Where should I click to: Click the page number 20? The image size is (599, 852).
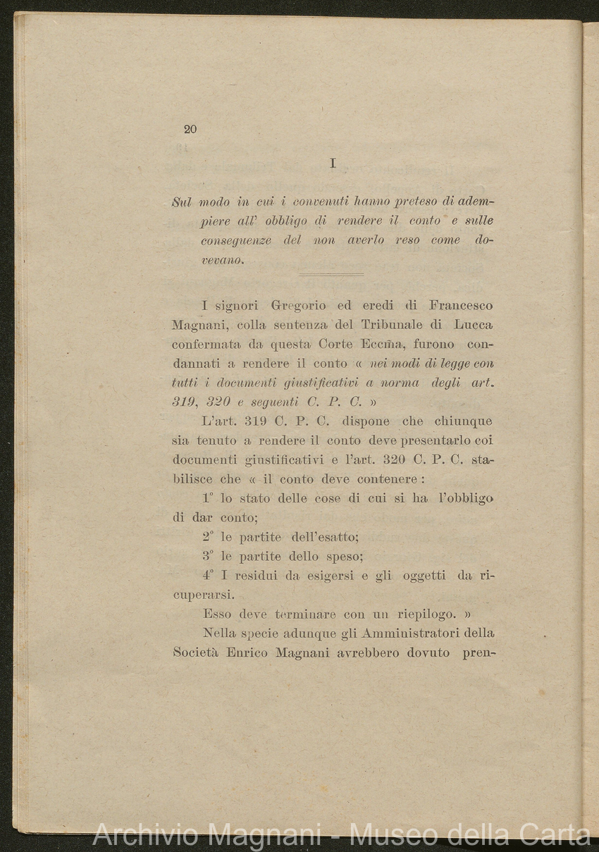[x=190, y=129]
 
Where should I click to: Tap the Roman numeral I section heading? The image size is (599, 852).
[x=333, y=163]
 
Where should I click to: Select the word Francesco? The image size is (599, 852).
[x=461, y=306]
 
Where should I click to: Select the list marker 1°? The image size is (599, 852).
[x=208, y=498]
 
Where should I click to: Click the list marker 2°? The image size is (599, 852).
[x=208, y=537]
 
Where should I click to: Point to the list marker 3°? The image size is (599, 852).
[x=208, y=556]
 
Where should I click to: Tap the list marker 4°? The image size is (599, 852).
[x=208, y=576]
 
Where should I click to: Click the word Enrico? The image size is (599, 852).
[x=247, y=653]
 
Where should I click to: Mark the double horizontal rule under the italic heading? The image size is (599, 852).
[x=331, y=275]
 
